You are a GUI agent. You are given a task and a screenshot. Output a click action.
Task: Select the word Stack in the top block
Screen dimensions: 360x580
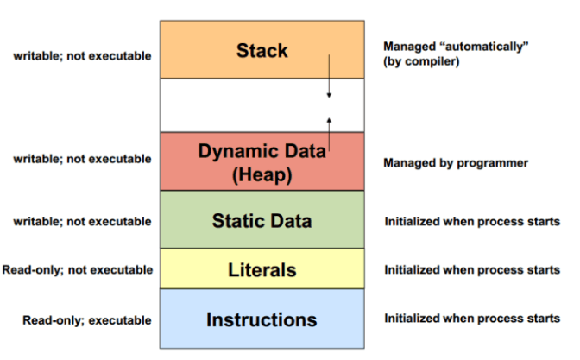click(262, 50)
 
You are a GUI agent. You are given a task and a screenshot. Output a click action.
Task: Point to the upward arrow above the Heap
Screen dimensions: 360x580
click(328, 126)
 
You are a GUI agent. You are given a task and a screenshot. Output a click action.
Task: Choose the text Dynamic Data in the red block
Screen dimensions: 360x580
click(262, 150)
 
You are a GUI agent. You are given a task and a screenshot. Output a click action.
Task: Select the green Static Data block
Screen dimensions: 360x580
click(262, 221)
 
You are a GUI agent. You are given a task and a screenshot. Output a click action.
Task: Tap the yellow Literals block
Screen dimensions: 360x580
click(262, 270)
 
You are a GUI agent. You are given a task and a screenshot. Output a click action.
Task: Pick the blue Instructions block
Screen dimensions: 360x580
click(262, 319)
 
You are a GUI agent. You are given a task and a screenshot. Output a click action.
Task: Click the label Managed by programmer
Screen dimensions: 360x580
click(455, 162)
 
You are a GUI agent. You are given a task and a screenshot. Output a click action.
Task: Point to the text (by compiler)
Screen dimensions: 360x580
click(420, 63)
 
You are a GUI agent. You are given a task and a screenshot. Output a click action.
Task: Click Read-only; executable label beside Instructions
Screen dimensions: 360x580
click(87, 320)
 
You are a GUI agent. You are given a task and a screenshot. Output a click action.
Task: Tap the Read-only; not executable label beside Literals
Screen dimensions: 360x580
click(78, 270)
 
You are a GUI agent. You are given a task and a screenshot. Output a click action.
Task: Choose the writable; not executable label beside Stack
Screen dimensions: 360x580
click(82, 56)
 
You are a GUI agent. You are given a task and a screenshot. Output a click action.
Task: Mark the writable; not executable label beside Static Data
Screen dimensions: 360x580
click(82, 222)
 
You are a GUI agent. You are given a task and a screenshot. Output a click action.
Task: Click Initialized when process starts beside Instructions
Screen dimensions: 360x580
click(471, 319)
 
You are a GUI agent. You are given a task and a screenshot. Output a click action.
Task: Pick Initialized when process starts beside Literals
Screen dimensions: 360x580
click(471, 270)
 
